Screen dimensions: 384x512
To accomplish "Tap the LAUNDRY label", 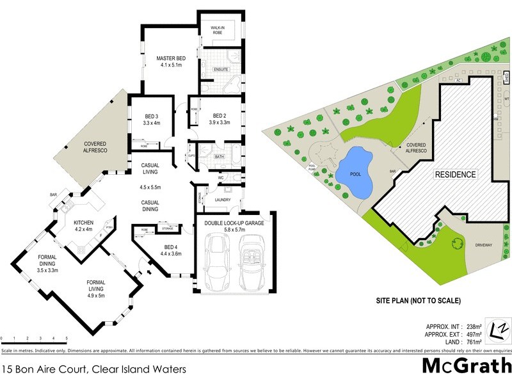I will click(x=223, y=199).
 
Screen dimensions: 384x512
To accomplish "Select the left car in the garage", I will click(x=216, y=260).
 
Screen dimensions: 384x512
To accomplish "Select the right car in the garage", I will click(x=250, y=260).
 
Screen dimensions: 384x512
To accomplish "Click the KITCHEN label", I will click(x=84, y=222).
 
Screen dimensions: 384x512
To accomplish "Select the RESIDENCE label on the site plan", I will click(x=456, y=174).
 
